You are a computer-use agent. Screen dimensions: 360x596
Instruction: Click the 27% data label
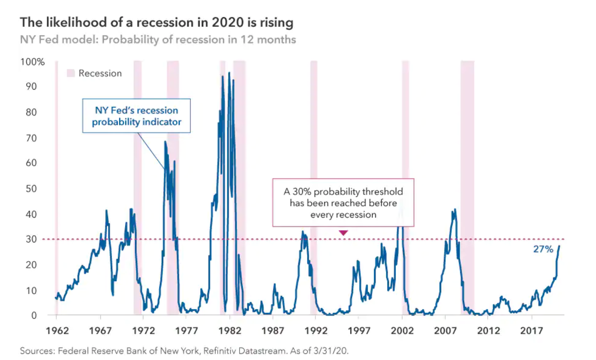(543, 249)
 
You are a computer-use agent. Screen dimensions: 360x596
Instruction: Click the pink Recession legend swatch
(71, 73)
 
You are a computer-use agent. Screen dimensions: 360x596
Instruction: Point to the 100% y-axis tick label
(33, 62)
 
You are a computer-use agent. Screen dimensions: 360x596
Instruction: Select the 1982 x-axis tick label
(230, 331)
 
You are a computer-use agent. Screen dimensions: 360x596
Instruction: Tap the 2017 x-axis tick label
(531, 331)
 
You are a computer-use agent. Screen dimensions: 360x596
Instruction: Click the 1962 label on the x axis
(57, 331)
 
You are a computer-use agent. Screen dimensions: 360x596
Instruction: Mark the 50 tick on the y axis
(31, 188)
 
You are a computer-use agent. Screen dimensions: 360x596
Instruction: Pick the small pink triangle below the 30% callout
(343, 233)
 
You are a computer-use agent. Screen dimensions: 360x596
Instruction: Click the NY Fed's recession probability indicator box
(136, 116)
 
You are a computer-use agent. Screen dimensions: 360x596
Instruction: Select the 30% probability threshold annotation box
(343, 203)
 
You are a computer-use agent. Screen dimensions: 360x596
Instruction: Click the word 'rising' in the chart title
(276, 23)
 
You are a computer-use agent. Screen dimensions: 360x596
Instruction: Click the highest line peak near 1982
(229, 73)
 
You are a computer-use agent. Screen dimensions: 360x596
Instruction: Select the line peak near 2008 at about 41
(455, 209)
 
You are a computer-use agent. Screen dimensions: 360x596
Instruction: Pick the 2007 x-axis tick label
(445, 331)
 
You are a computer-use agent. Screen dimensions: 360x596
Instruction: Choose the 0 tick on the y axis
(34, 316)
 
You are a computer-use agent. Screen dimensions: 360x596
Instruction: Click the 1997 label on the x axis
(359, 331)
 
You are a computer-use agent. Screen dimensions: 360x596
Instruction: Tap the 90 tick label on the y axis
(31, 87)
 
